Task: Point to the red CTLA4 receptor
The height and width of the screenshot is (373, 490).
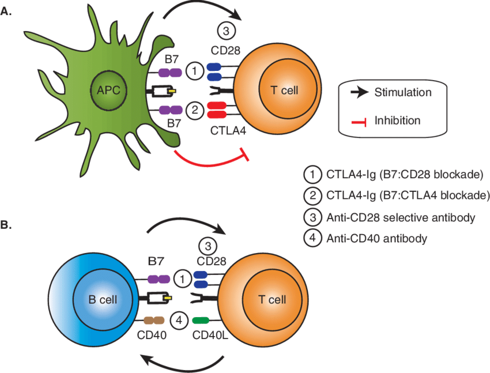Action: tap(217, 110)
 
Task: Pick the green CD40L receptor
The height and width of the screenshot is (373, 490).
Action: tap(202, 320)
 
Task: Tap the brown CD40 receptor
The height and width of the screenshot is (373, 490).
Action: tap(154, 320)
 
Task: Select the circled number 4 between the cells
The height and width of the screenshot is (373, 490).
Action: tap(180, 319)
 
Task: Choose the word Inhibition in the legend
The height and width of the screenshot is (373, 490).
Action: tap(397, 120)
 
